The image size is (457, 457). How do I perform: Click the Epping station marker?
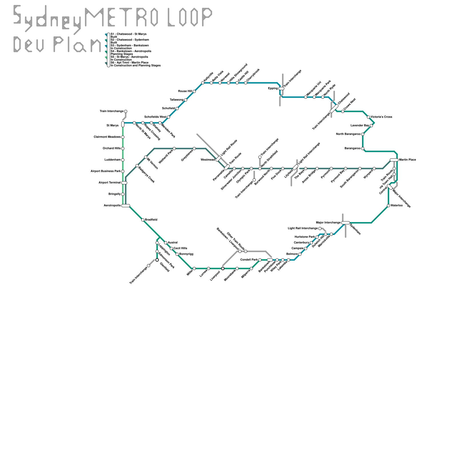281,89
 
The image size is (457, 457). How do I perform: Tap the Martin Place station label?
408,160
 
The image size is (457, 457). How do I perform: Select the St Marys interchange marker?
123,124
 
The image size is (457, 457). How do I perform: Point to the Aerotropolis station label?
112,206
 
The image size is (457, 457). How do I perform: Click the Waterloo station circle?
388,206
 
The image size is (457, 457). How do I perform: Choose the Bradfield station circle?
143,220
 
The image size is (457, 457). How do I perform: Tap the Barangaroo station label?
352,149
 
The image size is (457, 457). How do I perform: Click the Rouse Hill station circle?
194,91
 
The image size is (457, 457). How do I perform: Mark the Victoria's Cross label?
381,117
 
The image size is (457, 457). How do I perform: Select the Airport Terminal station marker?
124,183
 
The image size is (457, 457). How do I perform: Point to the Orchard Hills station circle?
123,149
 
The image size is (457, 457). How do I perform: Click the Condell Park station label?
249,260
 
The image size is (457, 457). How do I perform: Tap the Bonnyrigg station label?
186,254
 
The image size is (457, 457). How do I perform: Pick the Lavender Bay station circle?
371,126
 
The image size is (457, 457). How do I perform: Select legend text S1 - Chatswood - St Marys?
129,34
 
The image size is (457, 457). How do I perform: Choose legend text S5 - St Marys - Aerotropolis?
129,57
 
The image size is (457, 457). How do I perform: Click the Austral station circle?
166,243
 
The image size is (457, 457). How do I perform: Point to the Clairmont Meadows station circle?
123,137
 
